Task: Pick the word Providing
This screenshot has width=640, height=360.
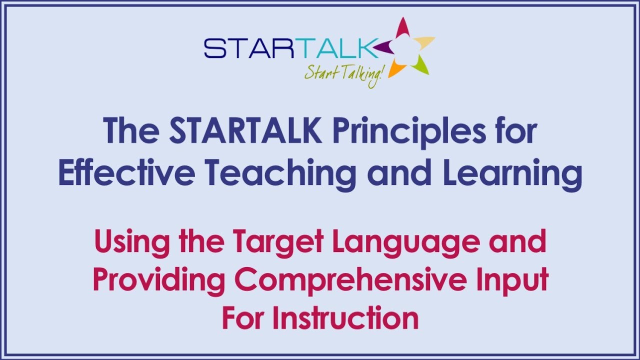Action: coord(159,280)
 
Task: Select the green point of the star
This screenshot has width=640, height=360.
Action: coord(421,65)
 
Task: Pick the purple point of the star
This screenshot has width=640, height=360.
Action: coord(383,47)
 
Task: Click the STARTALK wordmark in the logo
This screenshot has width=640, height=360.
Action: coord(290,49)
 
